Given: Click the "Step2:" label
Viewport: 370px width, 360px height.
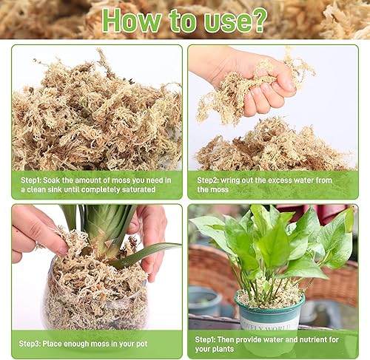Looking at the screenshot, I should [x=211, y=180].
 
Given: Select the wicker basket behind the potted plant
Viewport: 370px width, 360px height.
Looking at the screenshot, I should [x=211, y=266].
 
